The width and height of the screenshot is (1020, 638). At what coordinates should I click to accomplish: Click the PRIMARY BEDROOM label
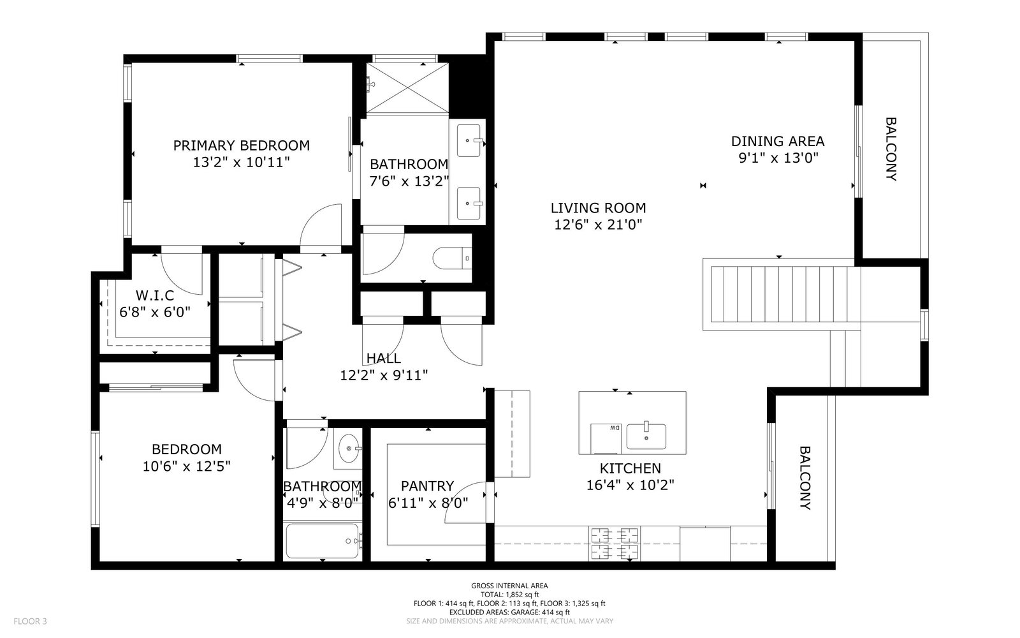242,145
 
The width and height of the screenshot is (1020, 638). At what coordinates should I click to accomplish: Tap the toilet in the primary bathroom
452,258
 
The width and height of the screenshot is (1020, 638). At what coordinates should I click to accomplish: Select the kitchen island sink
646,436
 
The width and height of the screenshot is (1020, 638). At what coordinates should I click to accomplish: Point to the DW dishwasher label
615,428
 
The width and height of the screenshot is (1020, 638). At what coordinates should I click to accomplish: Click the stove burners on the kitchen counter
615,543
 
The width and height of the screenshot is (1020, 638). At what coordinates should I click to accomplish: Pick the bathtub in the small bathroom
323,541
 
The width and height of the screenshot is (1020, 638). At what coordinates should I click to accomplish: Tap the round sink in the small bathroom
349,449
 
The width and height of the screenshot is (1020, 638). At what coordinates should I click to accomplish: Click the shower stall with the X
407,88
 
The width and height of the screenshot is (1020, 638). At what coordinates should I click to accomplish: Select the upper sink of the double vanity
469,140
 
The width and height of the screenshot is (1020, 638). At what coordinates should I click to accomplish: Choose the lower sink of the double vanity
469,204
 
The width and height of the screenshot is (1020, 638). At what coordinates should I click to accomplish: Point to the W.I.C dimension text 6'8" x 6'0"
155,312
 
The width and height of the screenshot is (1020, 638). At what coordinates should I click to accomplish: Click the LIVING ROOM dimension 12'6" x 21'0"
598,224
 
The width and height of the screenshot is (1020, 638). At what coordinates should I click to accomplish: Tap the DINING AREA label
778,141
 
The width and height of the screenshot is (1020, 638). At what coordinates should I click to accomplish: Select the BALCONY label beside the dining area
891,149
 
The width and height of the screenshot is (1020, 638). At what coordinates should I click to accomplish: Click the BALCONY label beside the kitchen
806,478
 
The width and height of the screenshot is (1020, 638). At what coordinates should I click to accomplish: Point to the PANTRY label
428,486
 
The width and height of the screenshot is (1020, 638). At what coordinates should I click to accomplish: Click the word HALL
384,358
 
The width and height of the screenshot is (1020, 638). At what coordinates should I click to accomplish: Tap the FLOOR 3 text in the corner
30,621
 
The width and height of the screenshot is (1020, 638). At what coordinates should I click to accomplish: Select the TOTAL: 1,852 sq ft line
509,595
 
